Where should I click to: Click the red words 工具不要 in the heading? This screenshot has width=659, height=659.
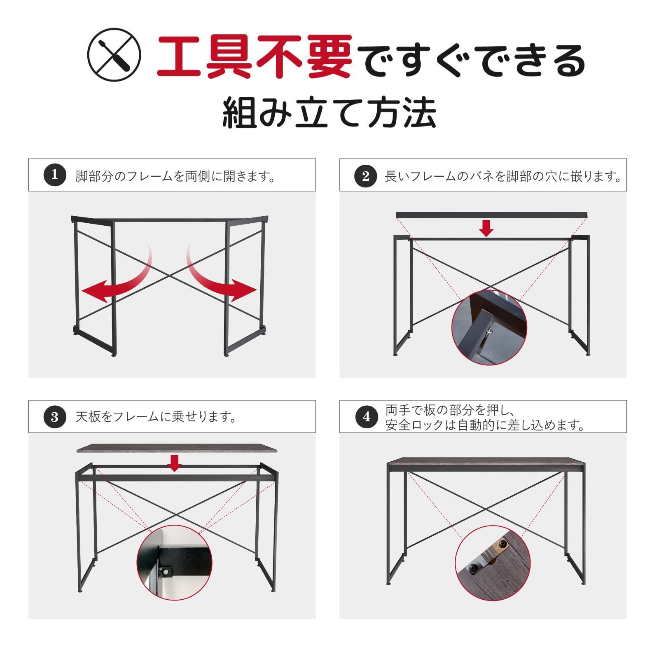click(x=254, y=56)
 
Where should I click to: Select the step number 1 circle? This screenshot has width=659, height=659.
click(x=54, y=175)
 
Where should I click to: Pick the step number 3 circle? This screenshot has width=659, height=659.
click(x=54, y=417)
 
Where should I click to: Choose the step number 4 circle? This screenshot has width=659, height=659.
click(x=366, y=417)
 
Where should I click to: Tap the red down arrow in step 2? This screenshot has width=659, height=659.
click(x=486, y=228)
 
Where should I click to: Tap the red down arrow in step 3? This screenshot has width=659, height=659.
click(x=175, y=463)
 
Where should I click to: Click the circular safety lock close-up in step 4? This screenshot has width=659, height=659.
click(x=493, y=563)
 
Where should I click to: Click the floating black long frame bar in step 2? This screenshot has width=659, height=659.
click(x=491, y=215)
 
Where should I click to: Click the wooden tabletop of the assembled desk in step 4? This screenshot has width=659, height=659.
click(x=486, y=464)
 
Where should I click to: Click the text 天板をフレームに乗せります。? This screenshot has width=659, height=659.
click(x=157, y=417)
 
